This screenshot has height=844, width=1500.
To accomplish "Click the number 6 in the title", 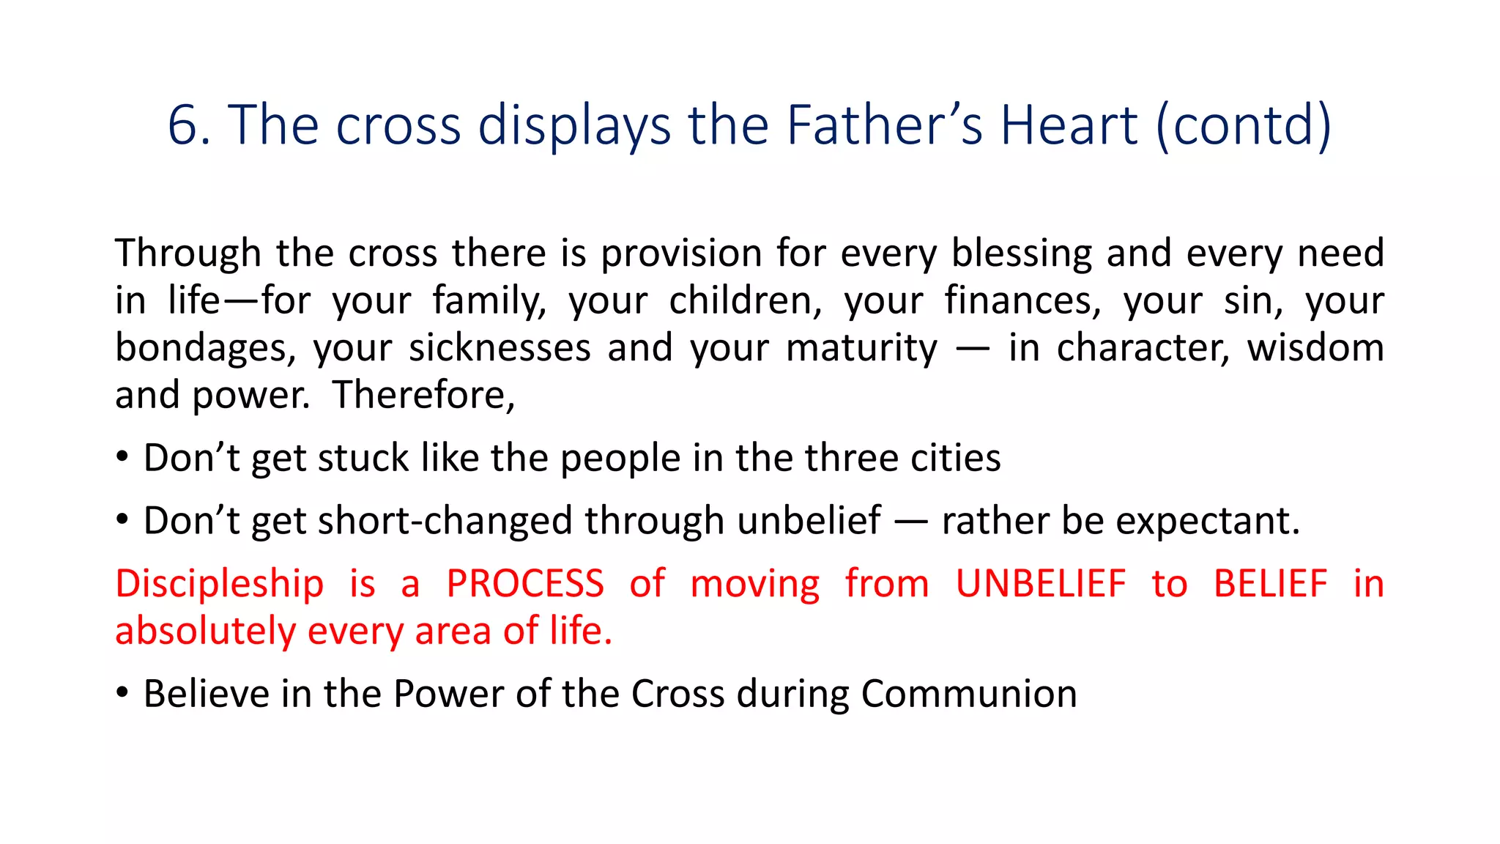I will [x=183, y=125].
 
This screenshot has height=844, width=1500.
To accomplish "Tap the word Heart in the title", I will [x=1069, y=125].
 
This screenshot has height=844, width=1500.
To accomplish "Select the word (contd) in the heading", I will [x=1243, y=125].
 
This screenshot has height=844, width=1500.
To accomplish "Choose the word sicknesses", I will [x=500, y=348].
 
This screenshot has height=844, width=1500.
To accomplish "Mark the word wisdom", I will [x=1315, y=348].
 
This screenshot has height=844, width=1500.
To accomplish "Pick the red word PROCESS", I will [x=525, y=584].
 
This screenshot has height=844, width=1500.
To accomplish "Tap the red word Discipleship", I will [x=219, y=584].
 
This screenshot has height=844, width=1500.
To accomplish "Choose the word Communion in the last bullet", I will [x=968, y=694].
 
